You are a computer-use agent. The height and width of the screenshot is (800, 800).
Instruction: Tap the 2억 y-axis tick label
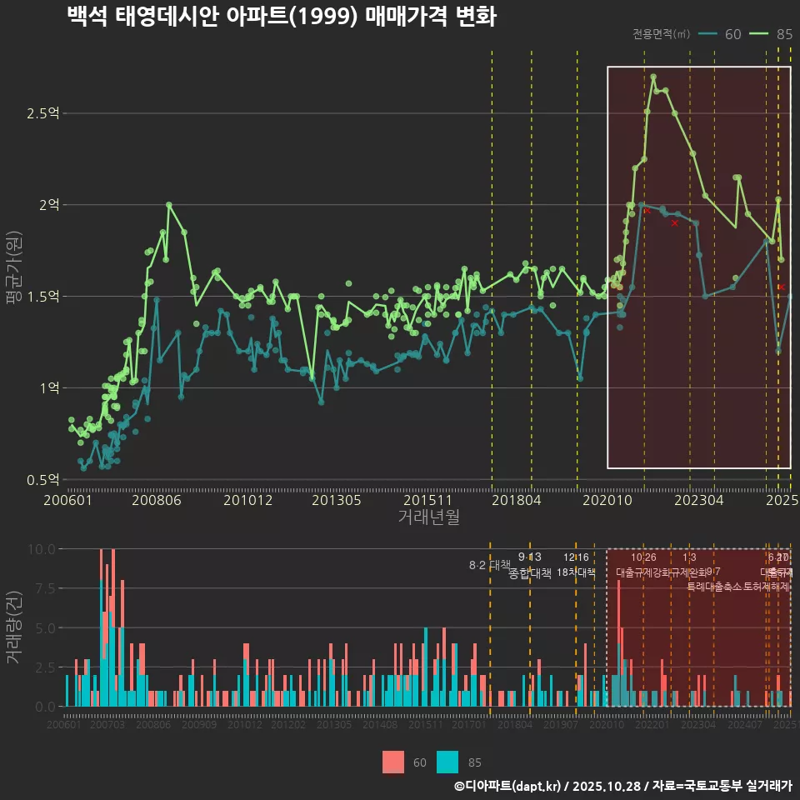[48, 205]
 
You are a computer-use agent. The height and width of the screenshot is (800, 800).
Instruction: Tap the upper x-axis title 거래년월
[428, 517]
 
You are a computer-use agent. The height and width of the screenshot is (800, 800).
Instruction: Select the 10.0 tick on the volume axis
[42, 549]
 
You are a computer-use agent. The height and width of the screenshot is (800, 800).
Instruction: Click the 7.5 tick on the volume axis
[45, 588]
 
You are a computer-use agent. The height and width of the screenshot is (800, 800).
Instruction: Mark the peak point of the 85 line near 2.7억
[653, 77]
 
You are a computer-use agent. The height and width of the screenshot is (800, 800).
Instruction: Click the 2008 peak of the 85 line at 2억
[168, 204]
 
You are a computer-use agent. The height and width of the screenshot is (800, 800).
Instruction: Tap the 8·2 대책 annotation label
[489, 566]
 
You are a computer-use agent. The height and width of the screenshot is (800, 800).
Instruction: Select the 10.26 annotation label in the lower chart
[643, 557]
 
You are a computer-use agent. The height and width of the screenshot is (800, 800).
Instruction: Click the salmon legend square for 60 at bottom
[393, 762]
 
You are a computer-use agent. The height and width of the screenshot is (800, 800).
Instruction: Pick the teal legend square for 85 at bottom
[447, 762]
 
